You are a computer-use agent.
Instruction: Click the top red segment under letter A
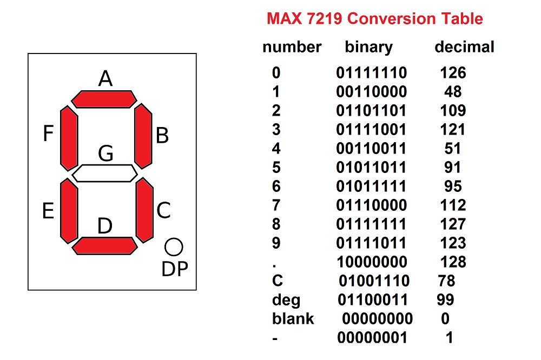[x=104, y=99]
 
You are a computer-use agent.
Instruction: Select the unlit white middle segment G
[x=104, y=173]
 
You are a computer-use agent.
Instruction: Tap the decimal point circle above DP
[x=174, y=247]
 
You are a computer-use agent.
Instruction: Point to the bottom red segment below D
[x=104, y=245]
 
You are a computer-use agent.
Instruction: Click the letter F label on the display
[x=49, y=134]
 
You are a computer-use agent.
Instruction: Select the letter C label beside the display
[x=163, y=210]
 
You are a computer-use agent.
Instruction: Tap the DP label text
[x=174, y=269]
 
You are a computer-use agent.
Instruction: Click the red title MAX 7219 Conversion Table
[x=375, y=19]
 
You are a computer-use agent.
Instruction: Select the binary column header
[x=368, y=47]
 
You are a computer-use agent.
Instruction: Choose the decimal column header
[x=464, y=47]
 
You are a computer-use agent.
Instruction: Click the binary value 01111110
[x=371, y=72]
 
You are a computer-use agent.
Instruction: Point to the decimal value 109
[x=452, y=110]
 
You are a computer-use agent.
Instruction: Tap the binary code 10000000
[x=372, y=262]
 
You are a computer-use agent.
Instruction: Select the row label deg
[x=286, y=300]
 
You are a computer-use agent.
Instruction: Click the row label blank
[x=293, y=318]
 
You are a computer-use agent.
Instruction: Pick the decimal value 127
[x=452, y=224]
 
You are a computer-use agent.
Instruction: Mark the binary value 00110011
[x=371, y=148]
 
